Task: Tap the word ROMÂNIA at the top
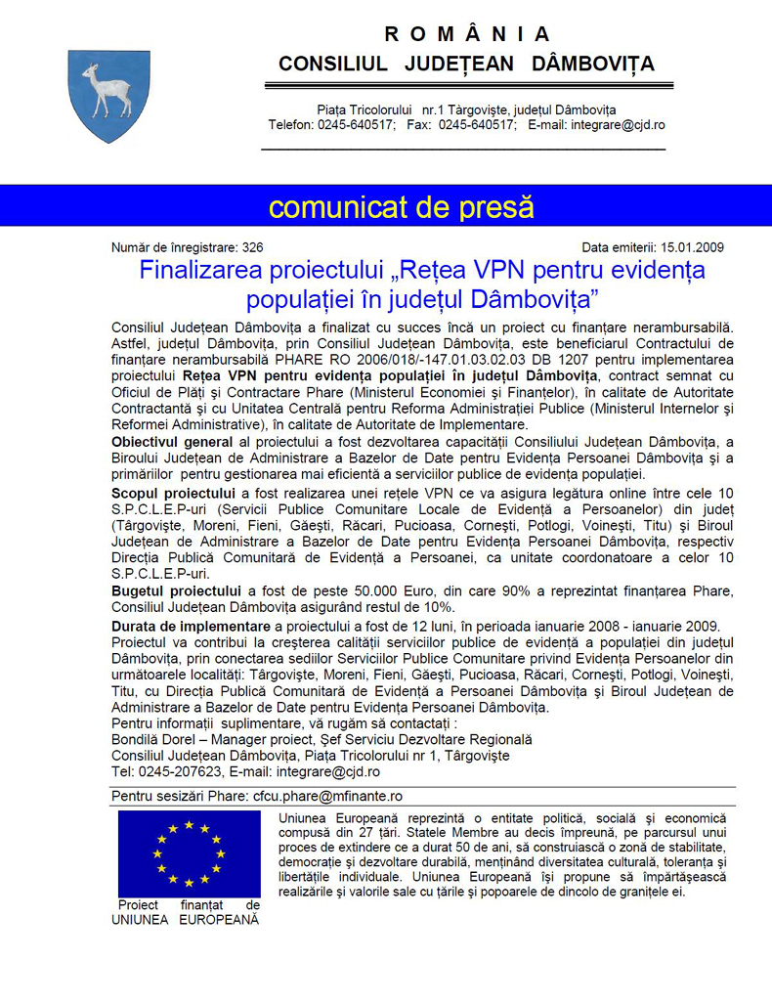pyautogui.click(x=467, y=34)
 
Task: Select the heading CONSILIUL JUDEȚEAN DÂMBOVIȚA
pyautogui.click(x=466, y=65)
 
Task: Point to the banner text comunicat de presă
pyautogui.click(x=402, y=207)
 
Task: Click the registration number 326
pyautogui.click(x=252, y=248)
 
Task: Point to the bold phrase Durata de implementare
pyautogui.click(x=191, y=626)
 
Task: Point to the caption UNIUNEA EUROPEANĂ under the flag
pyautogui.click(x=186, y=920)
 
